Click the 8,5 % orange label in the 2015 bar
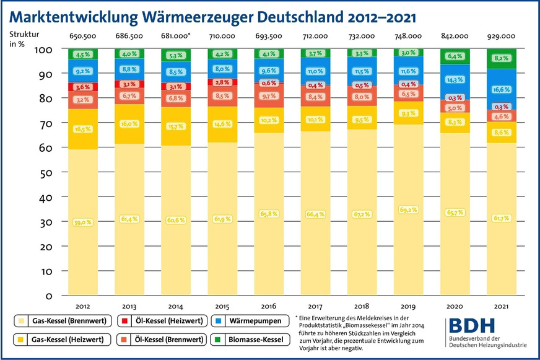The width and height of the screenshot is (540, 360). click(223, 96)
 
